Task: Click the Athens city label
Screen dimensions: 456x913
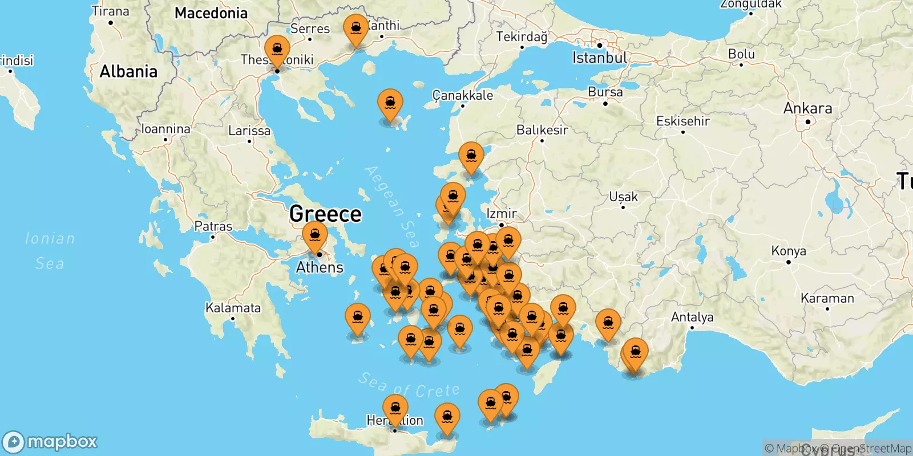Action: click(x=320, y=267)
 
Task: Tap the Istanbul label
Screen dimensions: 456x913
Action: click(x=599, y=58)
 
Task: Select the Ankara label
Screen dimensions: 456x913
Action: click(x=807, y=108)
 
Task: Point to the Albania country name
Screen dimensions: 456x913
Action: click(x=128, y=72)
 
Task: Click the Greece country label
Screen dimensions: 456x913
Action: click(x=325, y=214)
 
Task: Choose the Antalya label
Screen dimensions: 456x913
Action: click(x=692, y=317)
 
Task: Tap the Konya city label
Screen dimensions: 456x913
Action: click(x=789, y=251)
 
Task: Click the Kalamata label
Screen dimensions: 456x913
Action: click(x=233, y=308)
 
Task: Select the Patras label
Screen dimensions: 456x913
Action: click(x=213, y=226)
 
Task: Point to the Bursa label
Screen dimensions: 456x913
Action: click(x=605, y=92)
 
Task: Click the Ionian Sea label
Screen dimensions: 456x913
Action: click(x=50, y=251)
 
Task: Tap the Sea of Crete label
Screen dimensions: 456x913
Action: click(x=409, y=386)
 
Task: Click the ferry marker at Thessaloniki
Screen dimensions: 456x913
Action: click(x=277, y=50)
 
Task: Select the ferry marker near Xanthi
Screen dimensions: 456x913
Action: click(x=356, y=28)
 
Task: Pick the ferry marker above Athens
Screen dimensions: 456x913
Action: click(x=315, y=236)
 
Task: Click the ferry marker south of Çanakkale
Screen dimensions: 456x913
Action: click(x=471, y=156)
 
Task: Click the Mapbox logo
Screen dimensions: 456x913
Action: click(x=50, y=442)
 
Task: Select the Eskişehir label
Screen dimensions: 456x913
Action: click(x=682, y=121)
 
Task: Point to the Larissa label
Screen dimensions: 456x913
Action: click(x=249, y=131)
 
